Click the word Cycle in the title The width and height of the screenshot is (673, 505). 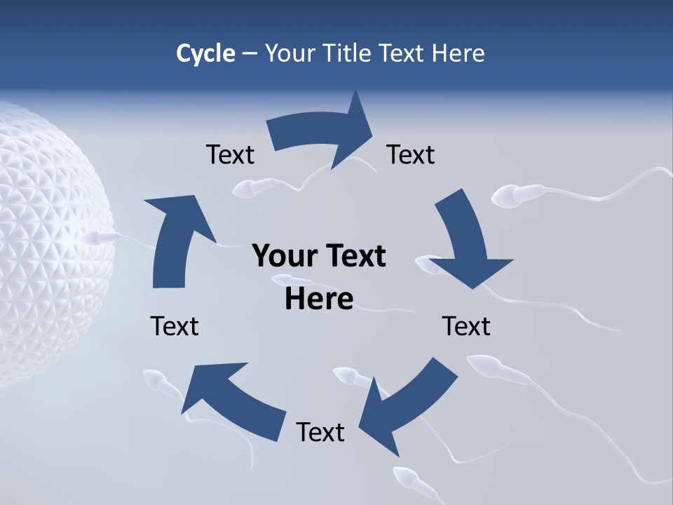[x=205, y=53]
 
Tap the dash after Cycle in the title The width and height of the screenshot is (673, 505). [x=250, y=54]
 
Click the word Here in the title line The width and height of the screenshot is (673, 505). [x=458, y=53]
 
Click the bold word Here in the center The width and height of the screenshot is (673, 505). [x=319, y=299]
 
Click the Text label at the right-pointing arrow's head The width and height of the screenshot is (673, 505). [x=411, y=154]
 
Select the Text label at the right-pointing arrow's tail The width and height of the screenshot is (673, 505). [x=230, y=154]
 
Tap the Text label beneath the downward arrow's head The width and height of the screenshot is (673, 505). [x=466, y=326]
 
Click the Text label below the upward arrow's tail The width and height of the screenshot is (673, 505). [x=175, y=326]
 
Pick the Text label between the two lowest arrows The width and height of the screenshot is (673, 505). [x=320, y=432]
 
